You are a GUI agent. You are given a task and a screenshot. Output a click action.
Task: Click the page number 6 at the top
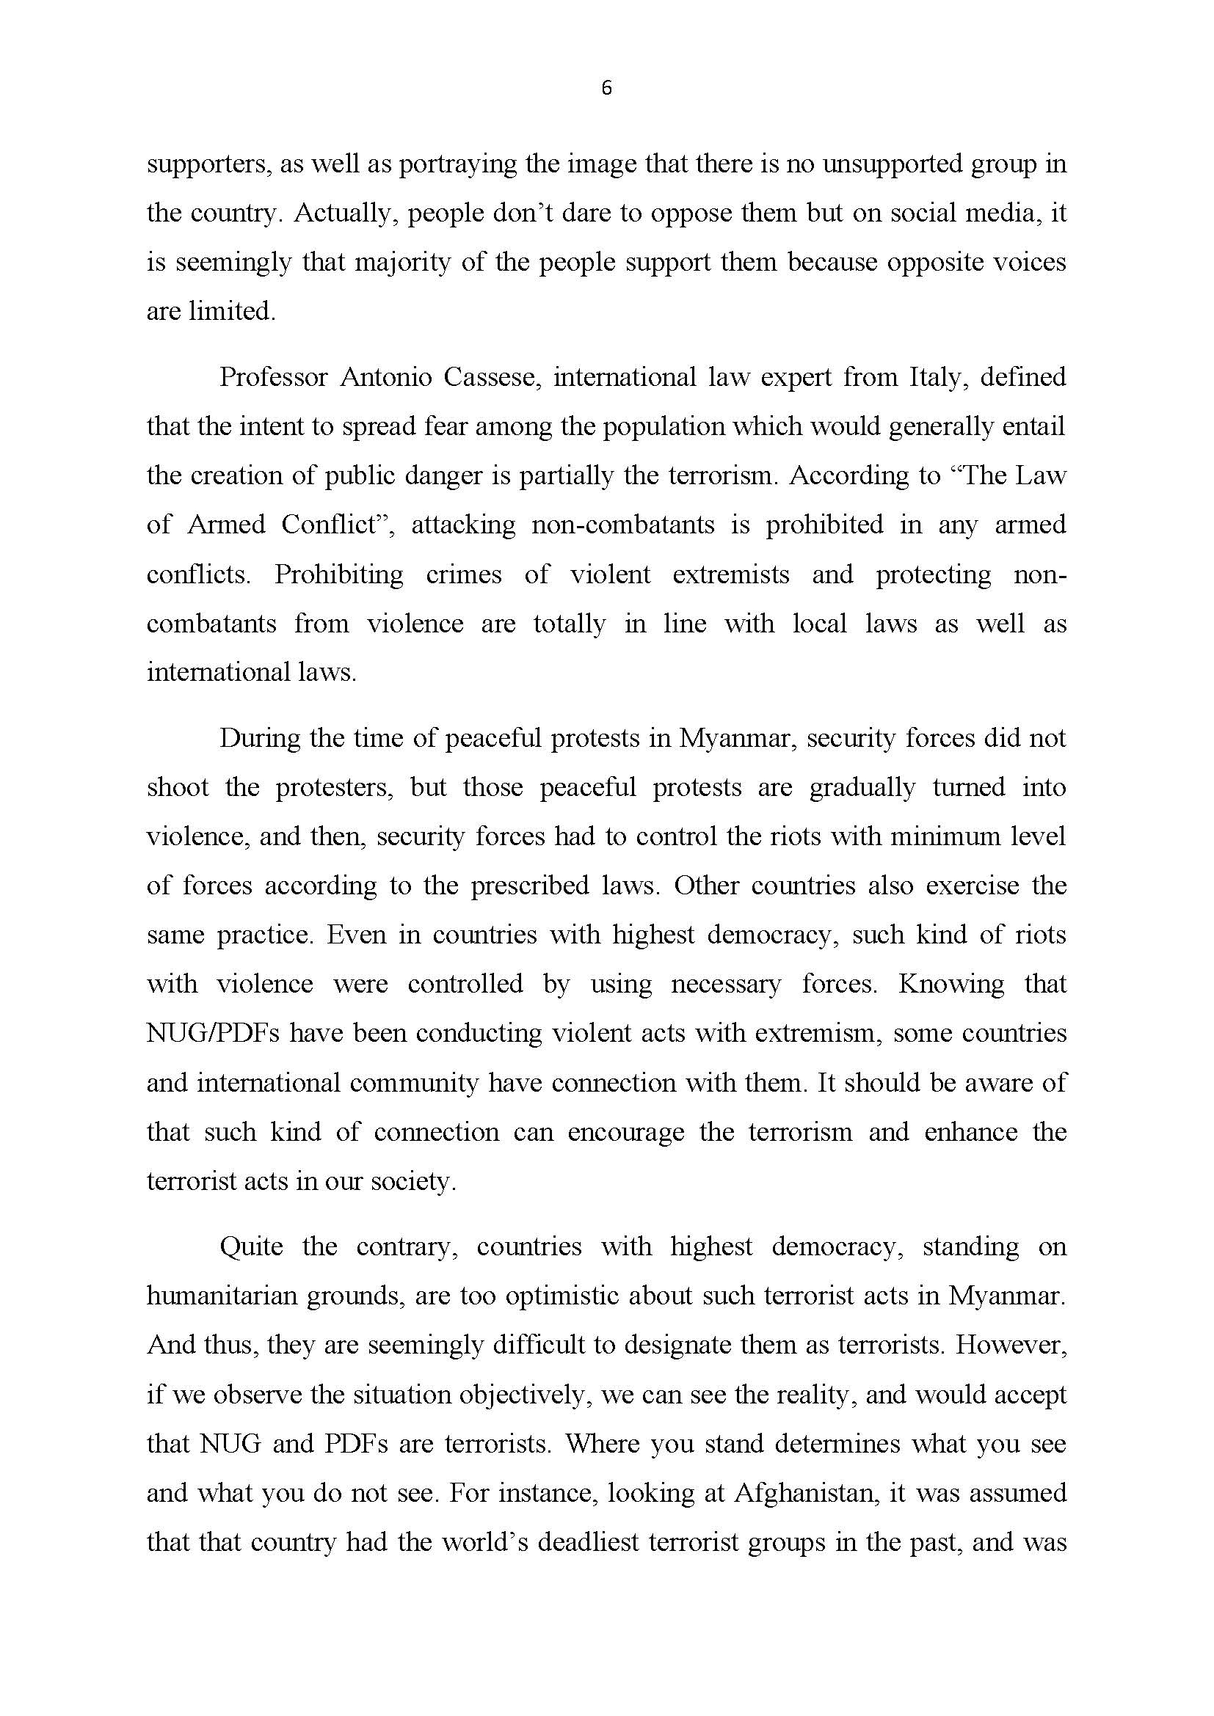pyautogui.click(x=606, y=88)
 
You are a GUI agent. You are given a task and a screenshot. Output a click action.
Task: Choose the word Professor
pyautogui.click(x=273, y=376)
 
